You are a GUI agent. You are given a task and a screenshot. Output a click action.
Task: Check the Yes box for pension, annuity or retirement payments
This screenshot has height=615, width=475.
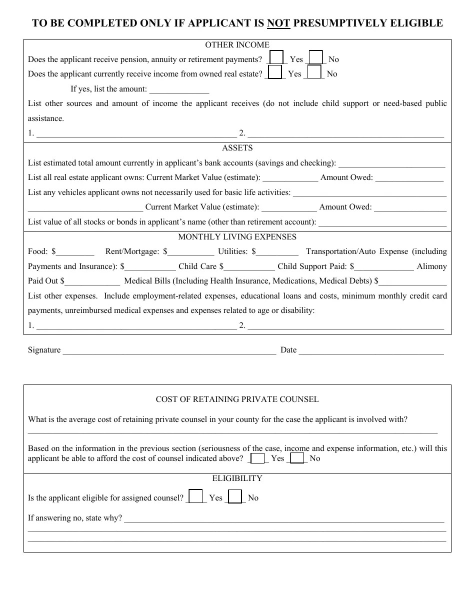276,58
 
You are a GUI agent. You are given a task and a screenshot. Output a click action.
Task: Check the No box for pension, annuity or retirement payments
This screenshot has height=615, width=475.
315,58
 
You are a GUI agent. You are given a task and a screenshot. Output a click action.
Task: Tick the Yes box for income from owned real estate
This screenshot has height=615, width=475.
274,72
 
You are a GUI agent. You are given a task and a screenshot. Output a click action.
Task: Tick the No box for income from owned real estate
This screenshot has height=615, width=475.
314,72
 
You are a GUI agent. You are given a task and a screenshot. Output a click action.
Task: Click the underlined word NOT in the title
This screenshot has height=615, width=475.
278,23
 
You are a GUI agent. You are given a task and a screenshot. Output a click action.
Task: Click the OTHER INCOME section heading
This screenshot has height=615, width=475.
237,45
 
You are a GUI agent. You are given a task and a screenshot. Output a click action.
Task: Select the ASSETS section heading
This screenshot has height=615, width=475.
237,148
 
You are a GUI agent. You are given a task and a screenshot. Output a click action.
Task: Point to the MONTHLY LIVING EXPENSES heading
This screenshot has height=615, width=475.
237,237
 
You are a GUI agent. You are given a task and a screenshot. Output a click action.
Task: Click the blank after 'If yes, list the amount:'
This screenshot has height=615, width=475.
179,90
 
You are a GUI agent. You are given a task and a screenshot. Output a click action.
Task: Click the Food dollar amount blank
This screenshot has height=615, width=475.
75,252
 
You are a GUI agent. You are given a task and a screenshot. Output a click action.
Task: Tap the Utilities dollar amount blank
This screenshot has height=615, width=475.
277,252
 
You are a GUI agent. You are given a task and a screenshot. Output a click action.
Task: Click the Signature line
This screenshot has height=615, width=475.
169,350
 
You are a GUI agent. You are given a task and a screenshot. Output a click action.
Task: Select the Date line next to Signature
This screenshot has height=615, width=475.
371,350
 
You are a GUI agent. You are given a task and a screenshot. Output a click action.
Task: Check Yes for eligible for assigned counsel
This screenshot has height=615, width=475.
196,496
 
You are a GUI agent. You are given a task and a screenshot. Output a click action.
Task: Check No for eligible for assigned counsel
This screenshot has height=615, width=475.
235,496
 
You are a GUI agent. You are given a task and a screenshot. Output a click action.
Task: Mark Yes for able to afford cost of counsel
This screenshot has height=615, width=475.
258,458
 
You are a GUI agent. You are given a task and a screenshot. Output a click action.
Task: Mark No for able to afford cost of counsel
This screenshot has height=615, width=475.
297,458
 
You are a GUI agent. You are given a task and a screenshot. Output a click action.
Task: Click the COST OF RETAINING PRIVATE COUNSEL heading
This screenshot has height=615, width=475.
237,399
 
